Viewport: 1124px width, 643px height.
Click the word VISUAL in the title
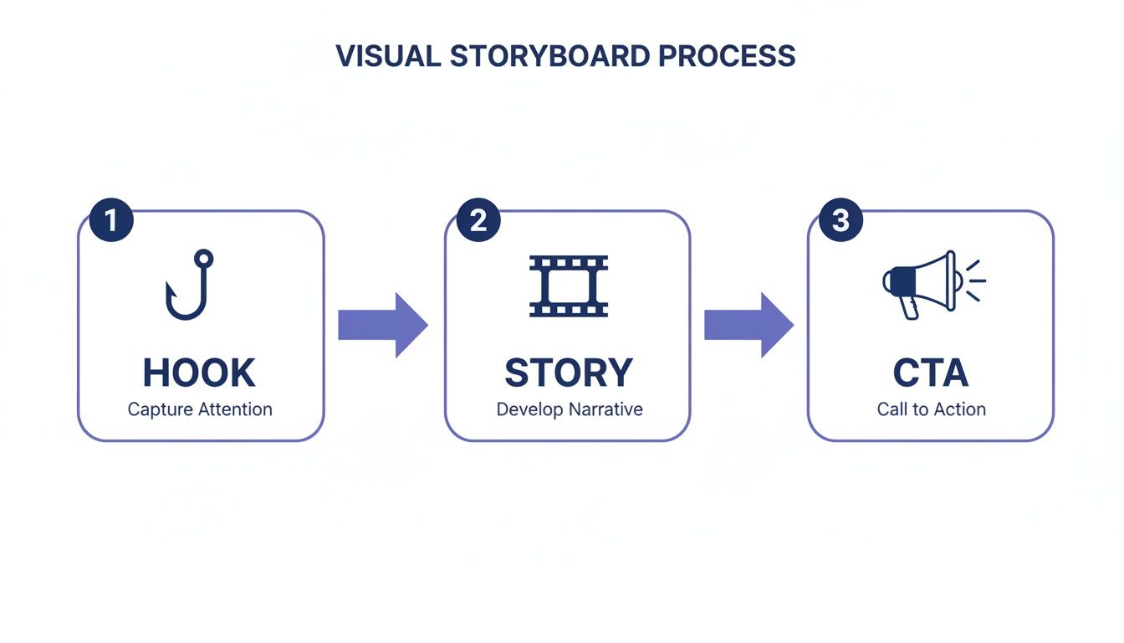(387, 56)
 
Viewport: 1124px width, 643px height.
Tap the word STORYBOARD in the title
(549, 56)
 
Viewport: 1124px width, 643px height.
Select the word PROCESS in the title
(727, 56)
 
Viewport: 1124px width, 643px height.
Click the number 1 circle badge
(111, 220)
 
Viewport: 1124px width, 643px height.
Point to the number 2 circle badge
(478, 220)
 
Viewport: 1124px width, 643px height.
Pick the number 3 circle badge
(840, 220)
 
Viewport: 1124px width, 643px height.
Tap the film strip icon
(569, 285)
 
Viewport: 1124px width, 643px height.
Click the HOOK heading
(199, 373)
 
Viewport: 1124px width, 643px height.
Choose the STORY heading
(568, 373)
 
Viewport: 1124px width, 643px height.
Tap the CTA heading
(930, 373)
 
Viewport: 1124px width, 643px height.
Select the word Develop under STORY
(529, 410)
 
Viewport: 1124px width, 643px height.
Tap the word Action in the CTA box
(962, 409)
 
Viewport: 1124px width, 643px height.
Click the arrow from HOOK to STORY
(383, 325)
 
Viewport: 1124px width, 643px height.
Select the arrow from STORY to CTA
(748, 325)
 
